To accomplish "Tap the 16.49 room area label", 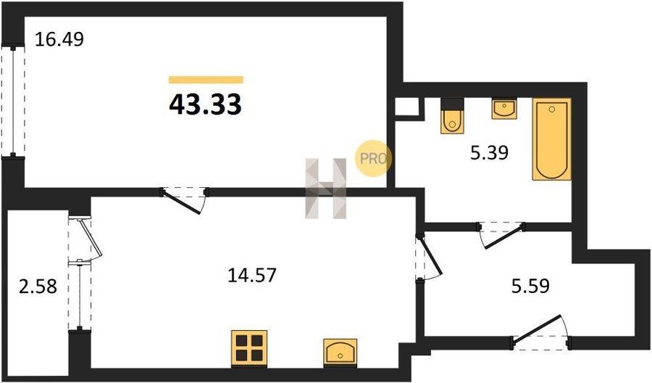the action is coord(59,40).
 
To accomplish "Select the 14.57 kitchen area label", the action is coord(252,275).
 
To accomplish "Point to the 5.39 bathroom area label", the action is coord(490,153).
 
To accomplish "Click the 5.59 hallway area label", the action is coord(530,286).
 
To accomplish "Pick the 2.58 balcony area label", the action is coord(38,287).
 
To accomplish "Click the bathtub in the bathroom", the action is coord(552,139).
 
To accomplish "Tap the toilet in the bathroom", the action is coord(452,116).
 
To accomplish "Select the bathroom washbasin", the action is coord(504,109).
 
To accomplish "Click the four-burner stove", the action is coord(249,348).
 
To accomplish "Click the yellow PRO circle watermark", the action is coord(373,158).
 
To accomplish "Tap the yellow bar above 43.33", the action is coord(206,80).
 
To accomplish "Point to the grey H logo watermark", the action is coord(326,189).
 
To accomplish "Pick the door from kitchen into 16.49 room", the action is coord(185,200).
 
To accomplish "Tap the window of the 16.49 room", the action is coord(13,101).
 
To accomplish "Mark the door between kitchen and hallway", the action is coord(428,258).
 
